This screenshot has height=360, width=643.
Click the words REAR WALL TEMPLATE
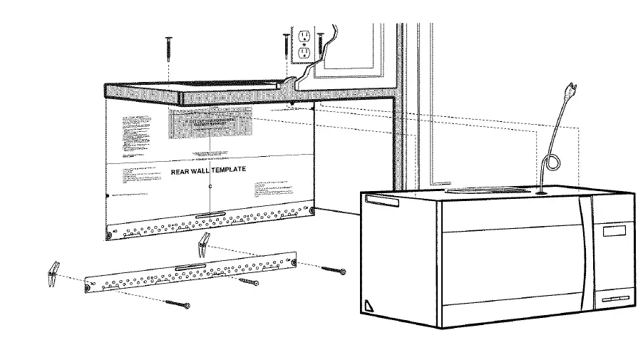pyautogui.click(x=208, y=170)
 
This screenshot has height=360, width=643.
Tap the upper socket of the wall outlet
pyautogui.click(x=302, y=36)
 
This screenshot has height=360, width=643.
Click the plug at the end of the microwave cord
pyautogui.click(x=570, y=93)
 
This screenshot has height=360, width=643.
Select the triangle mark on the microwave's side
pyautogui.click(x=369, y=305)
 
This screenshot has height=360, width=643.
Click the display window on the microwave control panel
pyautogui.click(x=615, y=231)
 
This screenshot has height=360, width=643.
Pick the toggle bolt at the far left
pyautogui.click(x=51, y=272)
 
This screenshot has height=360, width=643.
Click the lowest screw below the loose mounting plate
pyautogui.click(x=178, y=304)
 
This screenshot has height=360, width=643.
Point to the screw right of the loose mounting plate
pyautogui.click(x=334, y=270)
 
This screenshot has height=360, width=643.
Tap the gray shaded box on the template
pyautogui.click(x=211, y=123)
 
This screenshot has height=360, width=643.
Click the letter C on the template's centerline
pyautogui.click(x=210, y=187)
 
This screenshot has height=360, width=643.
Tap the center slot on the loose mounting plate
pyautogui.click(x=190, y=267)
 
